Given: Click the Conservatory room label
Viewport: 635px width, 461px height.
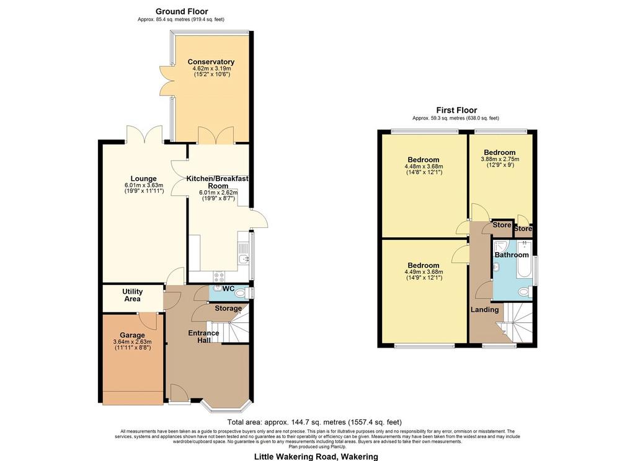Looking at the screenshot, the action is [211, 62].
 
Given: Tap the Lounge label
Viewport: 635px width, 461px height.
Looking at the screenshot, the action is [143, 178].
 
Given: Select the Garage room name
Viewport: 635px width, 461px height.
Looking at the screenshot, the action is [132, 335].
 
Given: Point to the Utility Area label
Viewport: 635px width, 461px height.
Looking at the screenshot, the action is [133, 295].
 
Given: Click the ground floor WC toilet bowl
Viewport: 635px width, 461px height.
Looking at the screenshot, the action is [241, 292].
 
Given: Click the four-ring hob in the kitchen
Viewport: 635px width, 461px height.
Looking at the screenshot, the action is [219, 276].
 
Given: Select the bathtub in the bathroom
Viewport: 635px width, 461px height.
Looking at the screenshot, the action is [524, 259].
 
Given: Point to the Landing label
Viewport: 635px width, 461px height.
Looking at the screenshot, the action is [484, 310].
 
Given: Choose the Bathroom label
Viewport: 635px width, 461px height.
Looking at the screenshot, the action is [512, 255].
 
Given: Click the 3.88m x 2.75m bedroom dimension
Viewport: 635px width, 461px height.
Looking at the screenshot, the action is [500, 159].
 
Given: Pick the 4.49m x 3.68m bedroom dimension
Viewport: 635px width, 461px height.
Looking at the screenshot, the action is [424, 272].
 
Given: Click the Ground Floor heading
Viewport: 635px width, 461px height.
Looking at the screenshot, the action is [182, 11].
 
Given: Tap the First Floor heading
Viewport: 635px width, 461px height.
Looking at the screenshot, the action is [456, 110].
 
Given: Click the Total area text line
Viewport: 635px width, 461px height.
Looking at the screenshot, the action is [314, 422].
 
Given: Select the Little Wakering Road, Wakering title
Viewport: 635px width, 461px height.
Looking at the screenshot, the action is [316, 457].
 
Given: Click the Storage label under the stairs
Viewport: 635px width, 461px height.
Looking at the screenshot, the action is [228, 309].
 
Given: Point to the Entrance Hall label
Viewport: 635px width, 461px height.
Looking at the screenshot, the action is [203, 336].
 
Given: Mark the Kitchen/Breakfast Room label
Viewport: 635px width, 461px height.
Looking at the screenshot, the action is [218, 182].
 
